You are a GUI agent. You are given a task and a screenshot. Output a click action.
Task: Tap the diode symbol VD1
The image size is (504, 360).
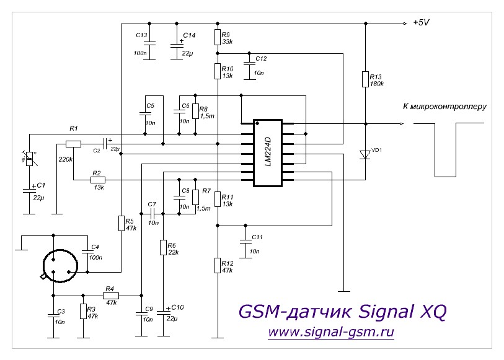pyautogui.click(x=366, y=155)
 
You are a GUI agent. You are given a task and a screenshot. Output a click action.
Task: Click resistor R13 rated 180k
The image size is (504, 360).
pyautogui.click(x=366, y=79)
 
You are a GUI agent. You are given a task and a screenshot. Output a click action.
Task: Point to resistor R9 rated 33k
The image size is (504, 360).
pyautogui.click(x=217, y=37)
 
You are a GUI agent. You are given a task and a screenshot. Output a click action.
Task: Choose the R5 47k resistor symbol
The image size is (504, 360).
pyautogui.click(x=121, y=224)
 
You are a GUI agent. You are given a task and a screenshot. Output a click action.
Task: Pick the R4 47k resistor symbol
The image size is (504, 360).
pyautogui.click(x=111, y=296)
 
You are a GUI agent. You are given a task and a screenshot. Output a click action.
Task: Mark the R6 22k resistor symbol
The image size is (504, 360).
pyautogui.click(x=163, y=248)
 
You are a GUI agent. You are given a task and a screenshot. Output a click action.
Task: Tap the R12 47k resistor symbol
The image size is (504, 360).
pyautogui.click(x=217, y=266)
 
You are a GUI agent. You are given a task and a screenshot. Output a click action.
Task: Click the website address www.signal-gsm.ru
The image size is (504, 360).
pyautogui.click(x=331, y=332)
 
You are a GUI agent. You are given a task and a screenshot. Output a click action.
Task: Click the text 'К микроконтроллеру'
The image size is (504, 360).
pyautogui.click(x=445, y=107)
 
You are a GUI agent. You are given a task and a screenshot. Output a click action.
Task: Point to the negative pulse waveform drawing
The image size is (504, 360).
pyautogui.click(x=445, y=149)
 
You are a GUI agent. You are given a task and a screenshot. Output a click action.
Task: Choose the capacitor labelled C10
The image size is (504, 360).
pyautogui.click(x=163, y=310)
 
